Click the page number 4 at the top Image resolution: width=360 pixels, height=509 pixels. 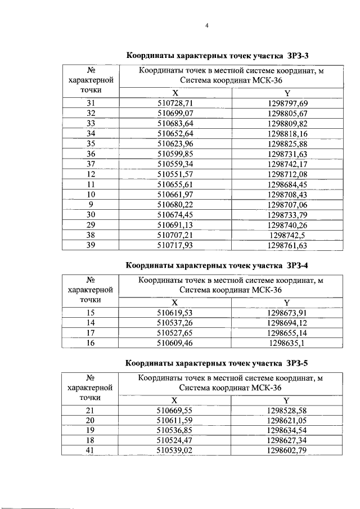pyautogui.click(x=207, y=26)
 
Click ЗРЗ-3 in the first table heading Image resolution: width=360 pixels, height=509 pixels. pyautogui.click(x=297, y=56)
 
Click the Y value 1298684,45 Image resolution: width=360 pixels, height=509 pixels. pyautogui.click(x=287, y=186)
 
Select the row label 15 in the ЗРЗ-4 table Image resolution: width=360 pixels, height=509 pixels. pyautogui.click(x=91, y=313)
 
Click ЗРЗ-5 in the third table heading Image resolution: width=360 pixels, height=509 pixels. pyautogui.click(x=297, y=363)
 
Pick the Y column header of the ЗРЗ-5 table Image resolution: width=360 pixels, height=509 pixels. pyautogui.click(x=286, y=400)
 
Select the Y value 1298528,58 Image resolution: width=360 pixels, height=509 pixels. pyautogui.click(x=287, y=411)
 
